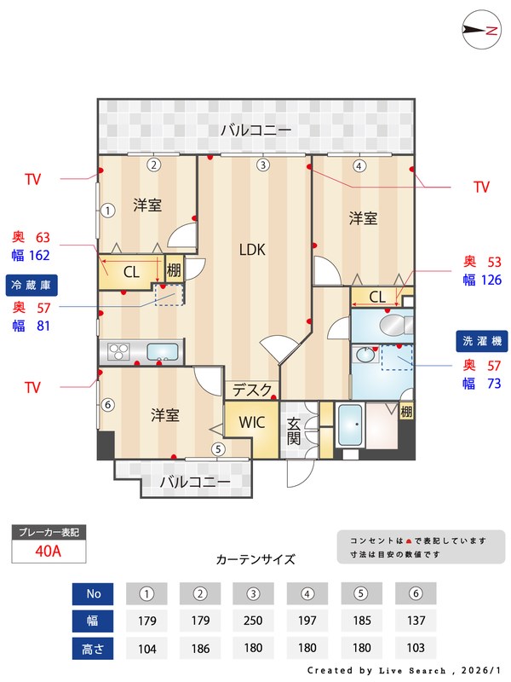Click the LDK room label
[252, 250]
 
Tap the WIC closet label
[253, 422]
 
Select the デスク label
[253, 390]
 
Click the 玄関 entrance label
[293, 430]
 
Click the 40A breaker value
[49, 551]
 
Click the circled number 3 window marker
[263, 165]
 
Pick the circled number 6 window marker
[107, 405]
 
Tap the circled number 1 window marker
[108, 210]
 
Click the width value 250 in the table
[253, 620]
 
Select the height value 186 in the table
[200, 648]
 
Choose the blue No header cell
[94, 592]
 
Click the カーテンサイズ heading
[255, 560]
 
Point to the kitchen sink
[163, 350]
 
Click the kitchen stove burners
[117, 350]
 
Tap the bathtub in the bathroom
[349, 424]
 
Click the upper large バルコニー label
[255, 130]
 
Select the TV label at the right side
[481, 187]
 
